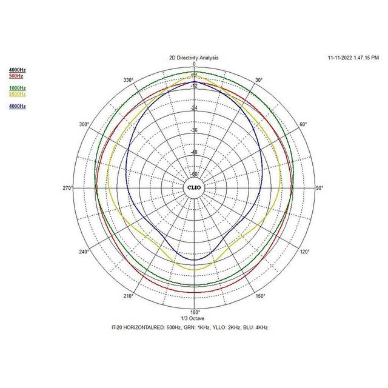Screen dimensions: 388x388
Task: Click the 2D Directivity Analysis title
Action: coord(194,58)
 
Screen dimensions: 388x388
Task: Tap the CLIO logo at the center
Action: coord(194,188)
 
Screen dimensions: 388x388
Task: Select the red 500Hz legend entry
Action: coord(16,76)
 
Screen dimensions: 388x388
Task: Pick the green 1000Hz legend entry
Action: coord(17,89)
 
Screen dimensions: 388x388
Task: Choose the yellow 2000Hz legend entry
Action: coord(17,95)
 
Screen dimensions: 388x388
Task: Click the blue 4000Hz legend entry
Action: coord(17,107)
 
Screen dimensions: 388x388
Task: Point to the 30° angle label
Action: coord(258,80)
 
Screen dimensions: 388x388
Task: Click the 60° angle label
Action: coord(303,124)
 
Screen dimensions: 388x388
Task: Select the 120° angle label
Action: coord(305,252)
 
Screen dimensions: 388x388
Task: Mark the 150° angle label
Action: coord(259,296)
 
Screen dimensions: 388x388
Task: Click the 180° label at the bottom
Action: coord(194,313)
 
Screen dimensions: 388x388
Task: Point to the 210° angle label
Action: coord(128,296)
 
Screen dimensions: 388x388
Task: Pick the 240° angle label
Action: coord(84,252)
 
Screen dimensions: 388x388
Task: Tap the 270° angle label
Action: coord(67,189)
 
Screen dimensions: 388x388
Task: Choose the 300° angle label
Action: coord(84,124)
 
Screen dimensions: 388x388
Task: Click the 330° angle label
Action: coord(128,80)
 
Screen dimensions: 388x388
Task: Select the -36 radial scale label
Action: coord(194,130)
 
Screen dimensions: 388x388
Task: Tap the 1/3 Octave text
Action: coord(194,319)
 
